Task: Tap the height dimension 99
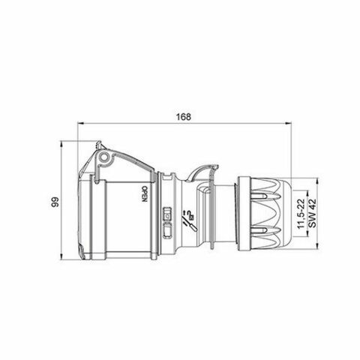tap(53, 203)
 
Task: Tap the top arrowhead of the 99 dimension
tap(62, 142)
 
